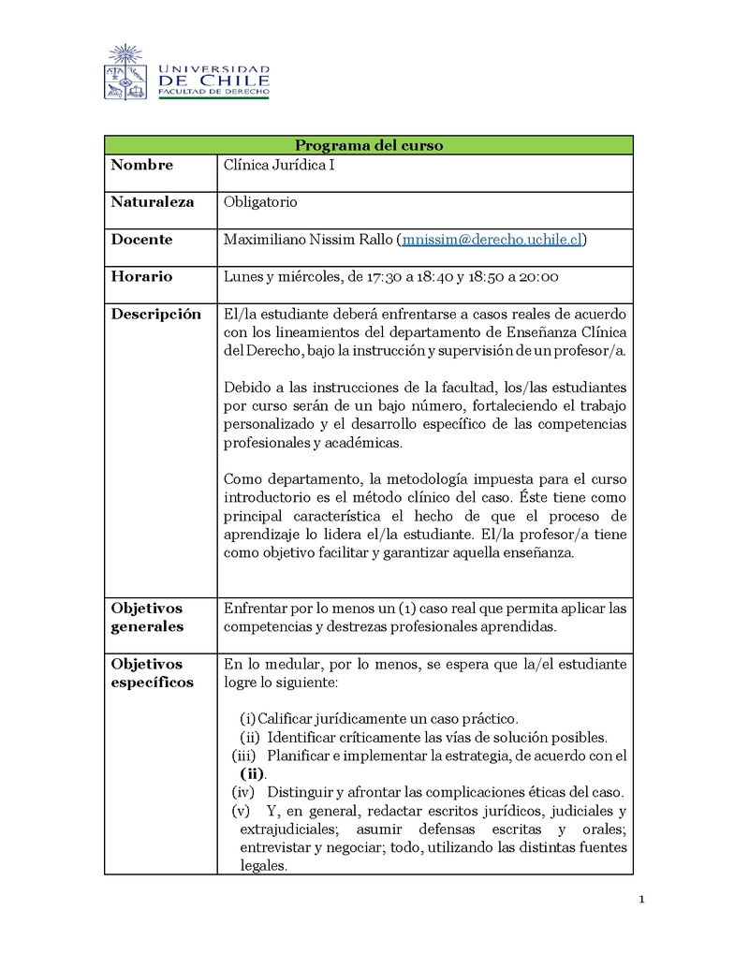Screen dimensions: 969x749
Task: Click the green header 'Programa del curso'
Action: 369,145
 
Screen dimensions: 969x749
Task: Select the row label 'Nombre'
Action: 141,165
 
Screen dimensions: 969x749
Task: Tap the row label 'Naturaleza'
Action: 153,202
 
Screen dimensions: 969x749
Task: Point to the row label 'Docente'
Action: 141,240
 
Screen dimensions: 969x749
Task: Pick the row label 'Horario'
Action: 141,277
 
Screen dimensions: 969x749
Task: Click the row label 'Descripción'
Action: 155,315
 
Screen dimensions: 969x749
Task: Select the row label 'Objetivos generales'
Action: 147,618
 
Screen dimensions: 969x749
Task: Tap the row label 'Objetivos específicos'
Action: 152,673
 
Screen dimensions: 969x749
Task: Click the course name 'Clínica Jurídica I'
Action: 279,165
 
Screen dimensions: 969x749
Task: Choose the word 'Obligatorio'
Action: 260,202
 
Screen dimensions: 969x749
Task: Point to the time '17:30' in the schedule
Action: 383,277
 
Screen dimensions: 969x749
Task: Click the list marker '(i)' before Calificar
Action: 247,719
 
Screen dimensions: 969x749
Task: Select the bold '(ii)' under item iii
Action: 252,774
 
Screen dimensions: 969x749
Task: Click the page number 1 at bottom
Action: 642,901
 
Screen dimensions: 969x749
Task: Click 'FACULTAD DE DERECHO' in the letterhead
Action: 213,93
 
